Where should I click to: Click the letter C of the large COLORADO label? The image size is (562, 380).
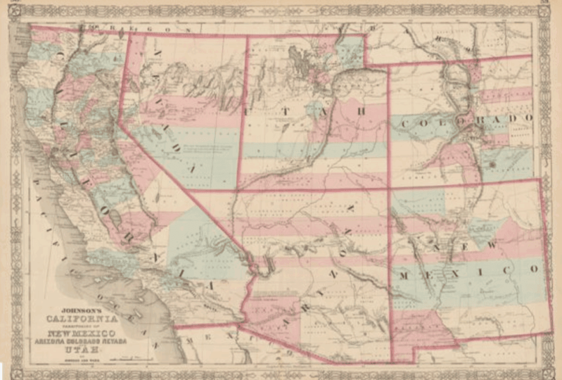tap(404, 125)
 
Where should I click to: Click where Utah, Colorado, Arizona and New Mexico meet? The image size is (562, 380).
tap(388, 189)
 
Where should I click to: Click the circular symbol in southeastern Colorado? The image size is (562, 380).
tap(493, 164)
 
